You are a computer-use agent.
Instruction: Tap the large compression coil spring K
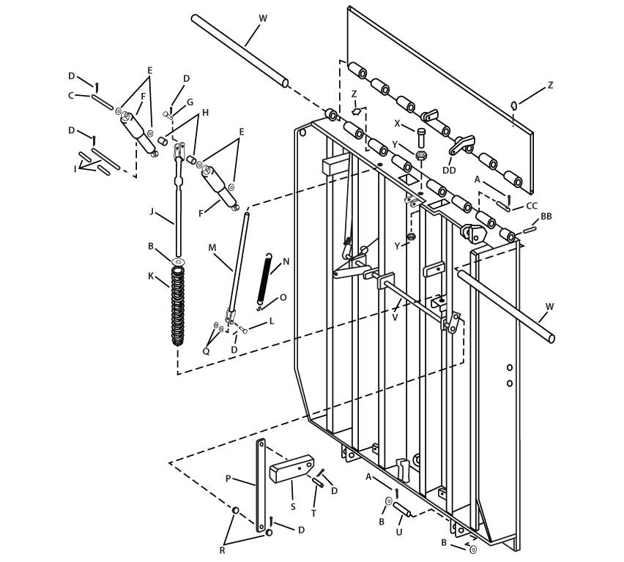[178, 306]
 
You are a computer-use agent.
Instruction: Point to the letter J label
[152, 212]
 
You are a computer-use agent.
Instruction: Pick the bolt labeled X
[421, 137]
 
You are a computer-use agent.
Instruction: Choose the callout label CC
[532, 206]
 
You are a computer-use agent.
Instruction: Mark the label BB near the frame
[546, 217]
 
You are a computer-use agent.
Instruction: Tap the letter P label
[228, 479]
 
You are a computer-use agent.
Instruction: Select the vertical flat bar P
[259, 484]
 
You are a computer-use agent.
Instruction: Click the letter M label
[212, 247]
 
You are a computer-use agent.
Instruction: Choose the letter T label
[313, 513]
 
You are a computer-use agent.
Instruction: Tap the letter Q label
[206, 351]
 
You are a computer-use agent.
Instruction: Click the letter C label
[71, 95]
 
